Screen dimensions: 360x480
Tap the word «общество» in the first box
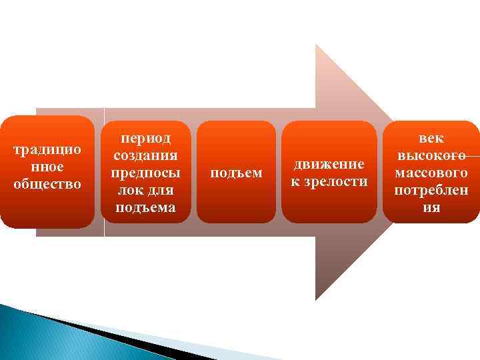tap(48, 183)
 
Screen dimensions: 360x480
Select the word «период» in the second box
tap(145, 139)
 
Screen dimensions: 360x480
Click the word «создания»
tap(145, 155)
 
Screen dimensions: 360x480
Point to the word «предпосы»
tap(145, 173)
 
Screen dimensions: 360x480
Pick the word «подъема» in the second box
tap(145, 207)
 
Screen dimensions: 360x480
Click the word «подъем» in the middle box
tap(236, 173)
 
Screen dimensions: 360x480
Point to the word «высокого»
tap(431, 155)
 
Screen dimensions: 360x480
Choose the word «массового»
tap(431, 173)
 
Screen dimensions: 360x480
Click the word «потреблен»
tap(431, 190)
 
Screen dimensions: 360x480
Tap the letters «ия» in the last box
tap(431, 207)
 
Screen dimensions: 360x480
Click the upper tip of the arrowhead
tap(317, 46)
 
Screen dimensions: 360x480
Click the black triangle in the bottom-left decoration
tap(100, 333)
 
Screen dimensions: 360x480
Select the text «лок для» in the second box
tap(145, 190)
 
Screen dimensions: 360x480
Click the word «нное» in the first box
tap(48, 166)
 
